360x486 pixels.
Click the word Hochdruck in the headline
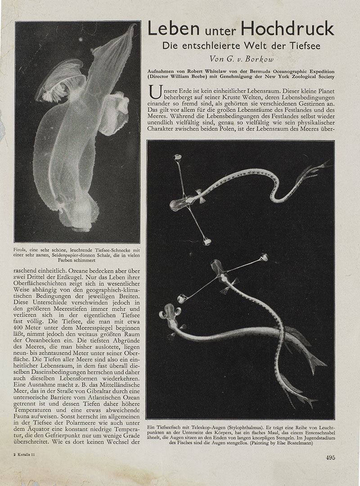pyautogui.click(x=288, y=29)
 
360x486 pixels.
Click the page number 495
pyautogui.click(x=330, y=458)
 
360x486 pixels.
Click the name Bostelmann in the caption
pyautogui.click(x=291, y=443)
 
